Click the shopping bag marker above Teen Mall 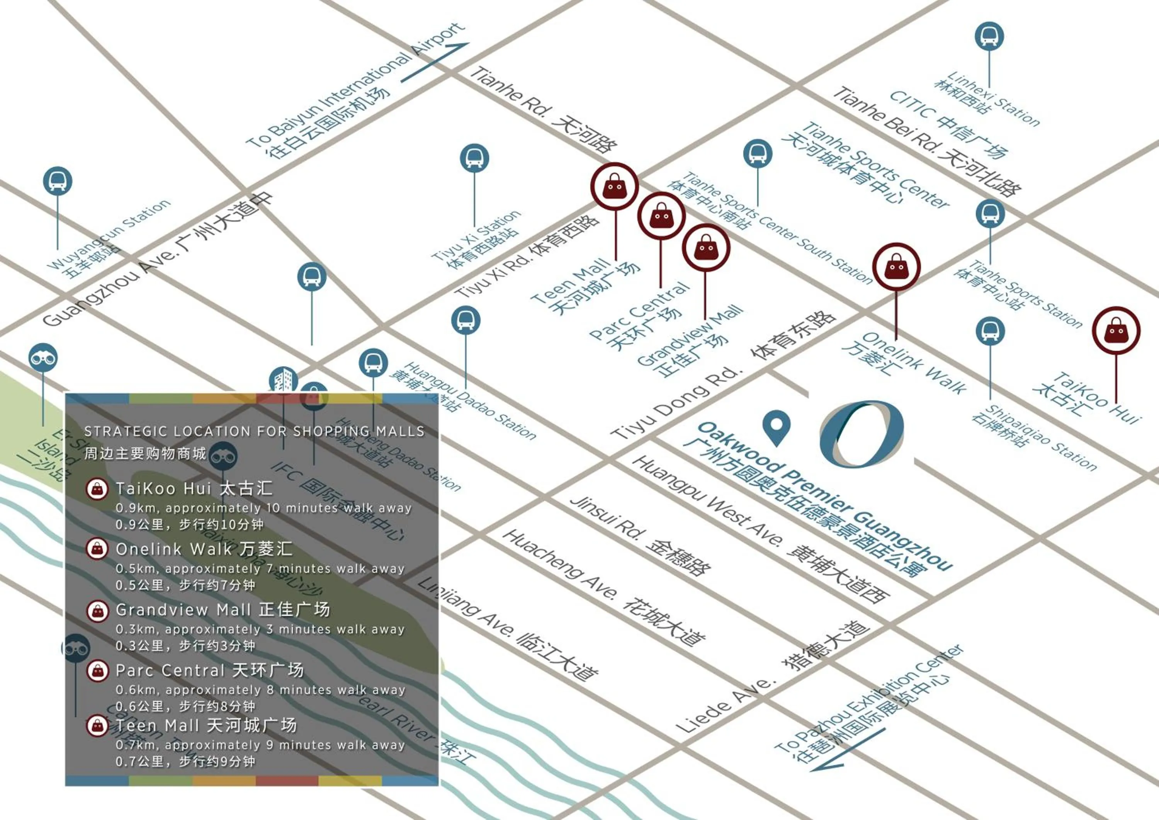[x=614, y=186]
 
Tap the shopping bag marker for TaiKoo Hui [x=1116, y=331]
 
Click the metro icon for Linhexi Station [x=989, y=36]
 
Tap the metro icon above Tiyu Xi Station [x=474, y=158]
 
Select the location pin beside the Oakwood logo [x=777, y=426]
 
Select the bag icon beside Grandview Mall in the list [x=98, y=611]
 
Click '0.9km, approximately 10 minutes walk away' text [x=263, y=508]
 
